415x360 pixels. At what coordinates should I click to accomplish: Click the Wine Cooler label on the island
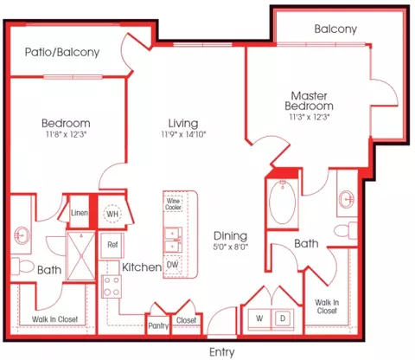[173, 204]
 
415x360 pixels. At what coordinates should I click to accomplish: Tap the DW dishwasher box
[173, 265]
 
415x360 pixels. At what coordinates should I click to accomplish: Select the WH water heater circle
[112, 214]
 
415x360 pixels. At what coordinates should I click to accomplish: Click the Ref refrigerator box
[112, 245]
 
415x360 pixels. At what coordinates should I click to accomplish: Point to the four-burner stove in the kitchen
[112, 286]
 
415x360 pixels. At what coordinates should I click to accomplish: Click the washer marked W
[259, 318]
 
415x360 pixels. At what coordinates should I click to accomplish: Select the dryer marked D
[283, 318]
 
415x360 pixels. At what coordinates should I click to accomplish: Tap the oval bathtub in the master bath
[282, 202]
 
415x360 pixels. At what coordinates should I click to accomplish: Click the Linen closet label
[80, 213]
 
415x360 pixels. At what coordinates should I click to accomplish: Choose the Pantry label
[158, 326]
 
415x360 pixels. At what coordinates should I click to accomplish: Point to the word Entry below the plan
[222, 352]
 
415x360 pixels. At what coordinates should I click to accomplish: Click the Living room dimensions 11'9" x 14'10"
[183, 134]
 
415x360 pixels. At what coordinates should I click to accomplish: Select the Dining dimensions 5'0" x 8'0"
[231, 247]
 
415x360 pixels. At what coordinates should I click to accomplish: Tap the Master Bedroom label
[309, 101]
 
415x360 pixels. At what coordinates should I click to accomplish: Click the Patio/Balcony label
[62, 52]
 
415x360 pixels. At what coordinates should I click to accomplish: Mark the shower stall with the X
[81, 255]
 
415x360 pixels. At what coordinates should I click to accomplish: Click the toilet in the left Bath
[22, 266]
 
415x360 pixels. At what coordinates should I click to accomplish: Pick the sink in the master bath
[347, 199]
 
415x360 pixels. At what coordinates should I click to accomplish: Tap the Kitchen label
[142, 267]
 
